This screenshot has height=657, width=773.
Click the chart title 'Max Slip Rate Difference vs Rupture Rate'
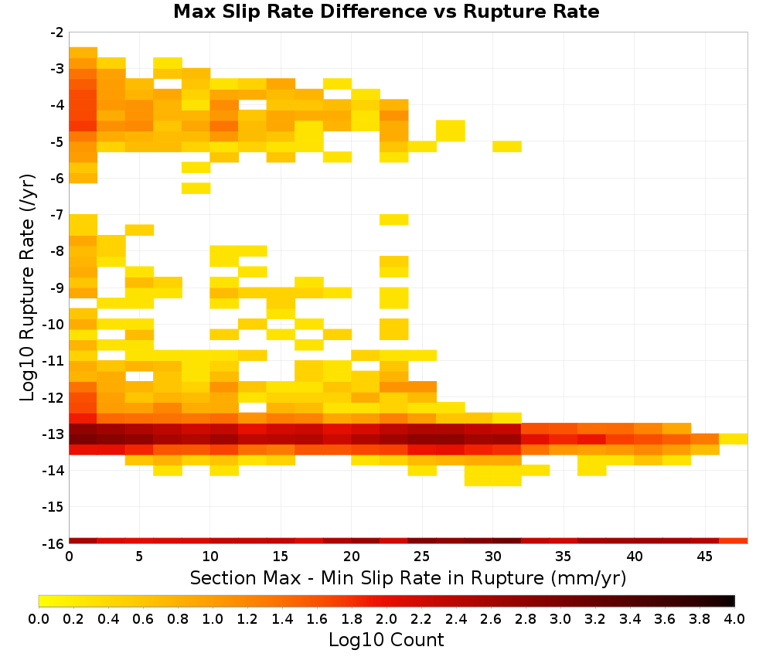click(x=386, y=12)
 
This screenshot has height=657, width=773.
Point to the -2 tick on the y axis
click(x=58, y=32)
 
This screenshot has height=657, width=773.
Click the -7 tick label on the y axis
click(x=58, y=215)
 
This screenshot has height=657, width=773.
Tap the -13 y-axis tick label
click(x=54, y=434)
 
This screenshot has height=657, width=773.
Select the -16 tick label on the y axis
click(x=54, y=543)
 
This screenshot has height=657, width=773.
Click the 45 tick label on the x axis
click(x=704, y=557)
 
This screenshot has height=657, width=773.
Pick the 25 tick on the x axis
click(x=421, y=557)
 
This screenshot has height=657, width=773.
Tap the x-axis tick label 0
click(x=69, y=557)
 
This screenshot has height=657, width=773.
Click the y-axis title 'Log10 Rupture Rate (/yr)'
click(x=28, y=288)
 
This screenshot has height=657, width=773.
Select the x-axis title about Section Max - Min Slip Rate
click(x=408, y=578)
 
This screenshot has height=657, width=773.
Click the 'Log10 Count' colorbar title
click(x=386, y=640)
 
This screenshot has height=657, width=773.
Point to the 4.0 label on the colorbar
click(x=734, y=618)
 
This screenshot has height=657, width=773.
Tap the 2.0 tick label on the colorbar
click(x=386, y=618)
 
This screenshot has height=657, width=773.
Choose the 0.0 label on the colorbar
click(x=39, y=618)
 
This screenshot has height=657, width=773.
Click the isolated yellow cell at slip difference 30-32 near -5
click(x=507, y=146)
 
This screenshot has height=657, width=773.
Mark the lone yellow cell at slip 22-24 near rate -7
click(x=394, y=220)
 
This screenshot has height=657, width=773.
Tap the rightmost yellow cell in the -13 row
click(x=734, y=439)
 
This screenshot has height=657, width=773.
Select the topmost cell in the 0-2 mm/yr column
click(x=83, y=53)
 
